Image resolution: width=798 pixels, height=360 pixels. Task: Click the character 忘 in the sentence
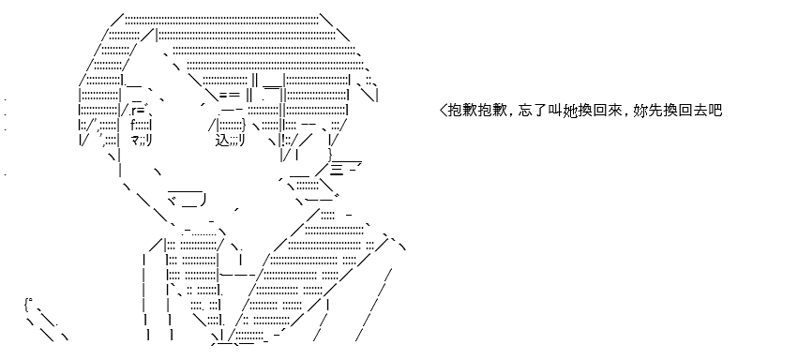526,110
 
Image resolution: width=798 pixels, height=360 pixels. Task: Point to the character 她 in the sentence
570,110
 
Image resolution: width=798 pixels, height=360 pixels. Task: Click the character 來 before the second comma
614,110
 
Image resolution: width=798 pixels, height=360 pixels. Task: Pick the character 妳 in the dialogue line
640,110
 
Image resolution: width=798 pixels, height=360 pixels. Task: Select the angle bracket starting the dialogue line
443,110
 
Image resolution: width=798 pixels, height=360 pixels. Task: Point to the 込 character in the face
222,141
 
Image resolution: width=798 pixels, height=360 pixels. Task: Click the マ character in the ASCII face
135,141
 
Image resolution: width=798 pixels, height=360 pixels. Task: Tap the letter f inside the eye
133,125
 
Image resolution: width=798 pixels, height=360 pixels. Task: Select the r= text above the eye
139,111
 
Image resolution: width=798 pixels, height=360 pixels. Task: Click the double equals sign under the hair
230,95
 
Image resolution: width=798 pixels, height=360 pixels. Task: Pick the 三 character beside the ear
337,168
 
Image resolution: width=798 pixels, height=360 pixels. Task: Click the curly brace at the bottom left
26,305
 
